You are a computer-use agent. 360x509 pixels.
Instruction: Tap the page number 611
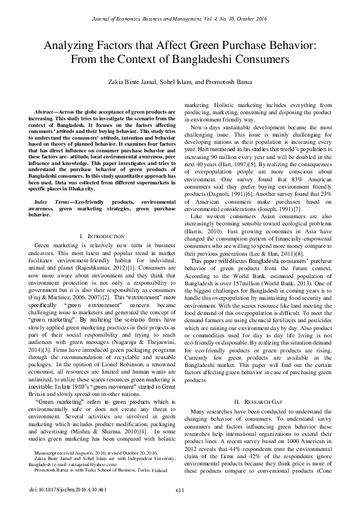[180, 490]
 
